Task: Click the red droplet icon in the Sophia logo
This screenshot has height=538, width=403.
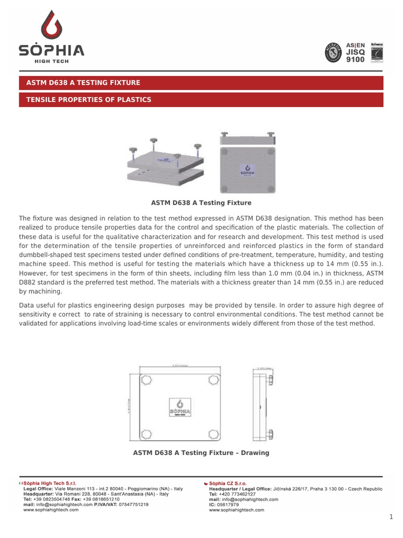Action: point(51,27)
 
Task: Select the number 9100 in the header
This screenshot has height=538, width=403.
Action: point(355,59)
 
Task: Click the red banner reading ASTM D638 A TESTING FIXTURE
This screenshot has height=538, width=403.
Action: point(201,83)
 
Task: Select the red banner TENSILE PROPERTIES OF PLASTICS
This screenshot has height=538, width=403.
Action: point(201,100)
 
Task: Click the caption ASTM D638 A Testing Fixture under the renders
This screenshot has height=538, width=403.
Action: point(201,203)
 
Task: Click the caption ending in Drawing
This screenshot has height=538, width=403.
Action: point(201,453)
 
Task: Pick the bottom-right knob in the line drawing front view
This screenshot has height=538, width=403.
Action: point(214,433)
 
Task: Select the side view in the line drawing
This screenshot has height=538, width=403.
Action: point(261,407)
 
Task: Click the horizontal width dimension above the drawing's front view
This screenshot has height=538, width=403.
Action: point(179,366)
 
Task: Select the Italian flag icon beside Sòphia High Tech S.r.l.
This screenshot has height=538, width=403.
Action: point(20,483)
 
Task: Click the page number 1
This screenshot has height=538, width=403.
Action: point(391,518)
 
